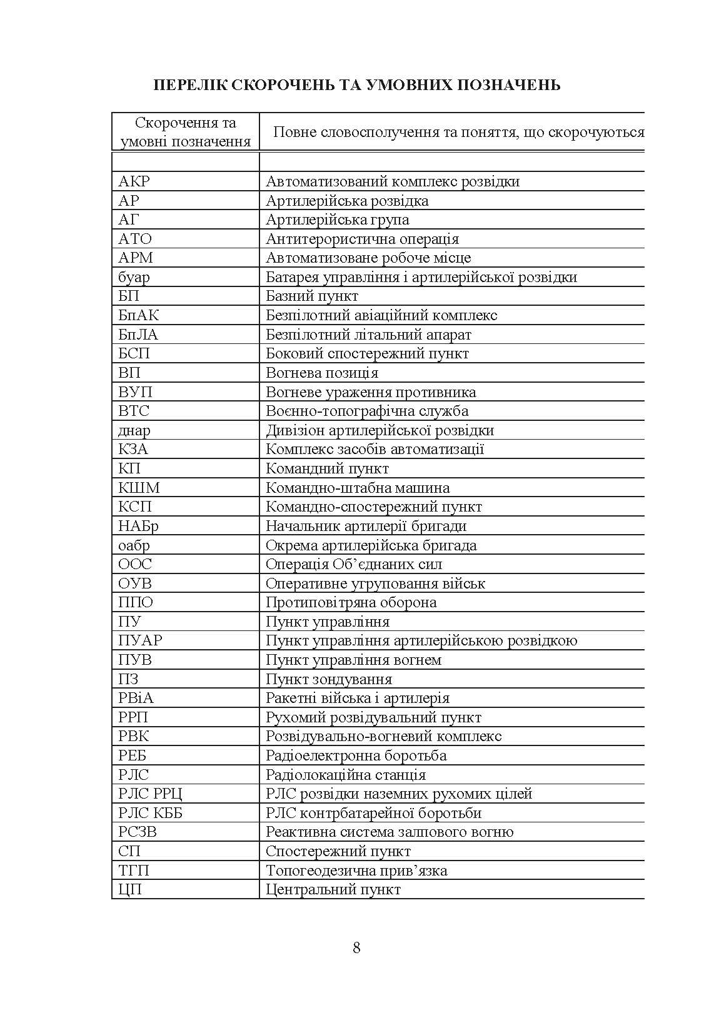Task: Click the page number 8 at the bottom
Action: tap(356, 947)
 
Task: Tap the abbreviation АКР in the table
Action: tap(134, 182)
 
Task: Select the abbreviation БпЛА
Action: tap(138, 335)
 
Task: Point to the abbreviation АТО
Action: tap(135, 239)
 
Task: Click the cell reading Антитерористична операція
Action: tap(362, 239)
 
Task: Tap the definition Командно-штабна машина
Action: tap(358, 488)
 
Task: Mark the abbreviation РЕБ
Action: tap(133, 755)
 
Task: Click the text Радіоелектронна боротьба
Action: tap(356, 755)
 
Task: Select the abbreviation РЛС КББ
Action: tap(151, 813)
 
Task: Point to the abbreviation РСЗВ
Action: tap(138, 832)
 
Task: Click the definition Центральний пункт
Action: tap(333, 889)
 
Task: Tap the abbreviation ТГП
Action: tap(134, 871)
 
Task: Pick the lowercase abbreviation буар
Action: tap(134, 277)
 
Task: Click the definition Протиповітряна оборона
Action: tap(351, 602)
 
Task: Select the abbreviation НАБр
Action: tap(138, 526)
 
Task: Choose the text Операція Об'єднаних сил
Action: tap(354, 564)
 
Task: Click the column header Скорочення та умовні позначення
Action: tap(186, 132)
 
